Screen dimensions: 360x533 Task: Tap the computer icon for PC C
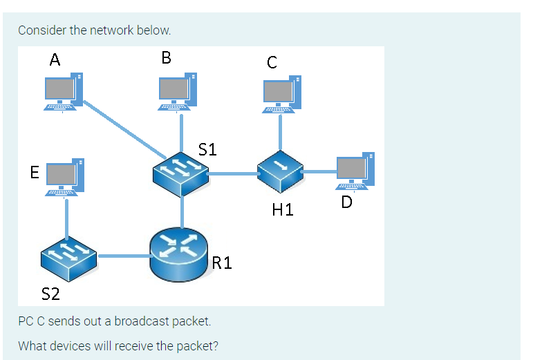(x=281, y=94)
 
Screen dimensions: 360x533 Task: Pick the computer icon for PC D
(x=355, y=171)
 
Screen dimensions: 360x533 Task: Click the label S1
(x=207, y=149)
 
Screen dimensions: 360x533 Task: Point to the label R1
(x=223, y=263)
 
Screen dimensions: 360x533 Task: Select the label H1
(x=283, y=209)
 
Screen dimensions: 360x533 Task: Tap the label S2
(x=51, y=295)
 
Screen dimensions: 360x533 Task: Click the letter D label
(x=346, y=202)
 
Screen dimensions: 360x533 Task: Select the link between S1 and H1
(x=232, y=173)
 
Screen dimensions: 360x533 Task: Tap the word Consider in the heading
(x=41, y=30)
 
